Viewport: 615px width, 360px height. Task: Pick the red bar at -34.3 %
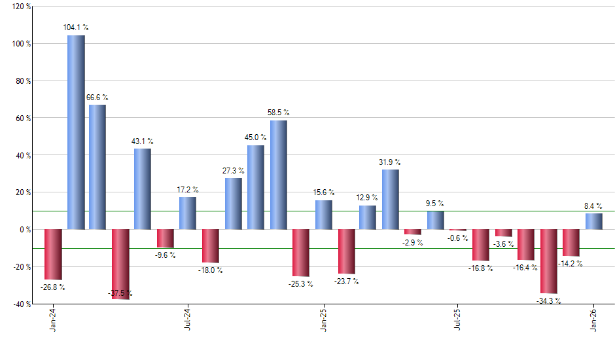pyautogui.click(x=549, y=261)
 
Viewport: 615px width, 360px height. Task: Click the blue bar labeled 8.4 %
pyautogui.click(x=594, y=221)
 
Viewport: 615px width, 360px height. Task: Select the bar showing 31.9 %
pyautogui.click(x=391, y=200)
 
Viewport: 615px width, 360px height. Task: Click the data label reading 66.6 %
pyautogui.click(x=97, y=98)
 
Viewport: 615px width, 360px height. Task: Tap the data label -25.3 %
pyautogui.click(x=302, y=284)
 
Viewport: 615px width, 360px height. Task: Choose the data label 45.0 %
pyautogui.click(x=256, y=137)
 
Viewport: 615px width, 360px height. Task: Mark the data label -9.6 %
pyautogui.click(x=165, y=255)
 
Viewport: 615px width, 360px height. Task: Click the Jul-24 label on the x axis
pyautogui.click(x=188, y=320)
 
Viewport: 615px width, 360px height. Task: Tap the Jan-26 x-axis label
pyautogui.click(x=594, y=320)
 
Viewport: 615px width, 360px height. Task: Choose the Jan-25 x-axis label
pyautogui.click(x=323, y=320)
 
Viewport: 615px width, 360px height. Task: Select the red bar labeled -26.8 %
pyautogui.click(x=53, y=255)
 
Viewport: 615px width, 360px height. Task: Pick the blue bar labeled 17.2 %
pyautogui.click(x=188, y=213)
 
